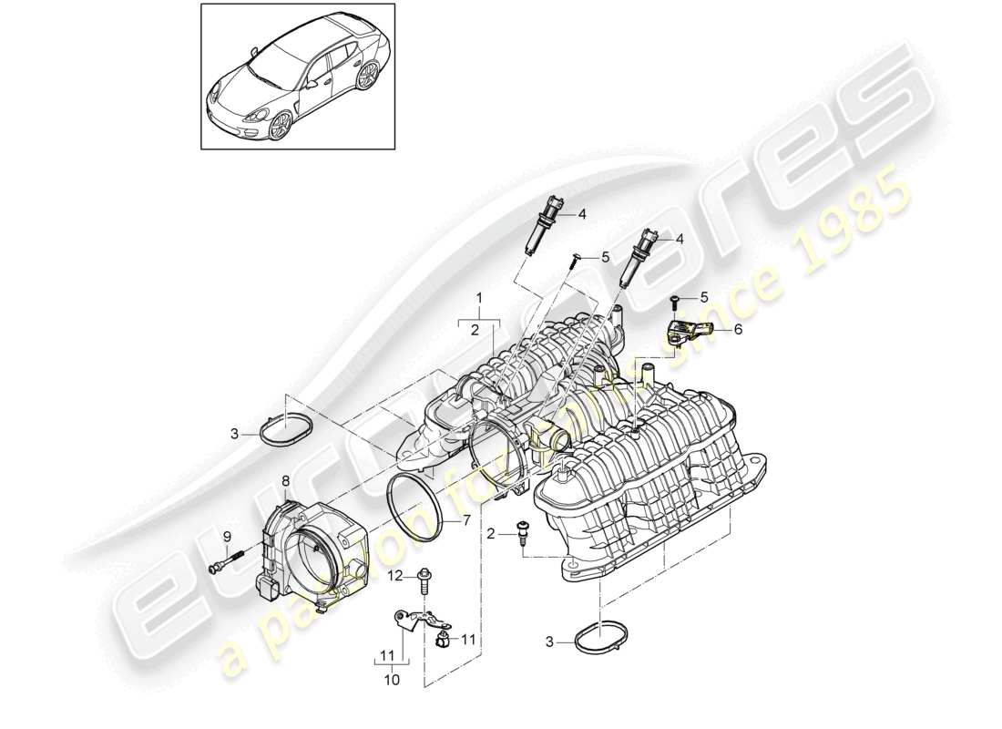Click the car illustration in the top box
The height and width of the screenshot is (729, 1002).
point(296,79)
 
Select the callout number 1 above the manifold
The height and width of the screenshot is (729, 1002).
point(479,297)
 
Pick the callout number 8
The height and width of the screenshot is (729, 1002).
point(285,480)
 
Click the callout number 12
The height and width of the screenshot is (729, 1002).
point(397,575)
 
